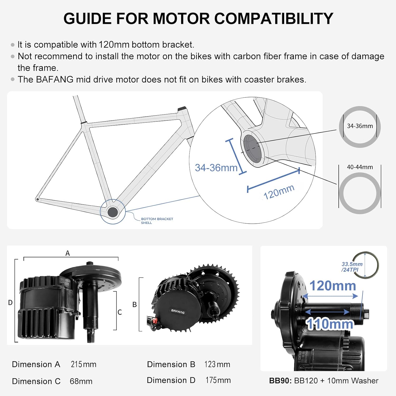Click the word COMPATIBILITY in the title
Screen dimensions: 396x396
[x=274, y=19]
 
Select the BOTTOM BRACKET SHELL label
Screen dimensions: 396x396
[x=157, y=221]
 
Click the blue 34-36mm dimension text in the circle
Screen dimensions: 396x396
[x=216, y=168]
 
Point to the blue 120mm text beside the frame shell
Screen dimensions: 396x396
[x=279, y=192]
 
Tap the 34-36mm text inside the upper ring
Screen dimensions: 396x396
[x=360, y=126]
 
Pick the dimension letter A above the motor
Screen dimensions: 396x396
[x=68, y=253]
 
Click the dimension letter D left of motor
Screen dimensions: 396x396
[x=10, y=303]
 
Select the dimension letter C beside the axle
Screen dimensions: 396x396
[x=120, y=312]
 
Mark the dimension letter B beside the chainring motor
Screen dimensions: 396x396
[x=134, y=305]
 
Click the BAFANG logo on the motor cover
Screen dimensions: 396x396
[x=178, y=312]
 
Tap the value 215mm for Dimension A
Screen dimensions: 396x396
[x=83, y=364]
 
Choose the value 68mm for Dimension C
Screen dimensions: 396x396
[x=81, y=381]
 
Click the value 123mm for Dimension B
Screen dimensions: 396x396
[x=217, y=364]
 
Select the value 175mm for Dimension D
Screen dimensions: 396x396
[x=218, y=380]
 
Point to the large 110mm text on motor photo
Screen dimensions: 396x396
[x=329, y=324]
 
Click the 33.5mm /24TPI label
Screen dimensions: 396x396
[x=352, y=267]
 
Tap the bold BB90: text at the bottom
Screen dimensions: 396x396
[x=280, y=381]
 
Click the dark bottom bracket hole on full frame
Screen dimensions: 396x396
[x=112, y=212]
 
